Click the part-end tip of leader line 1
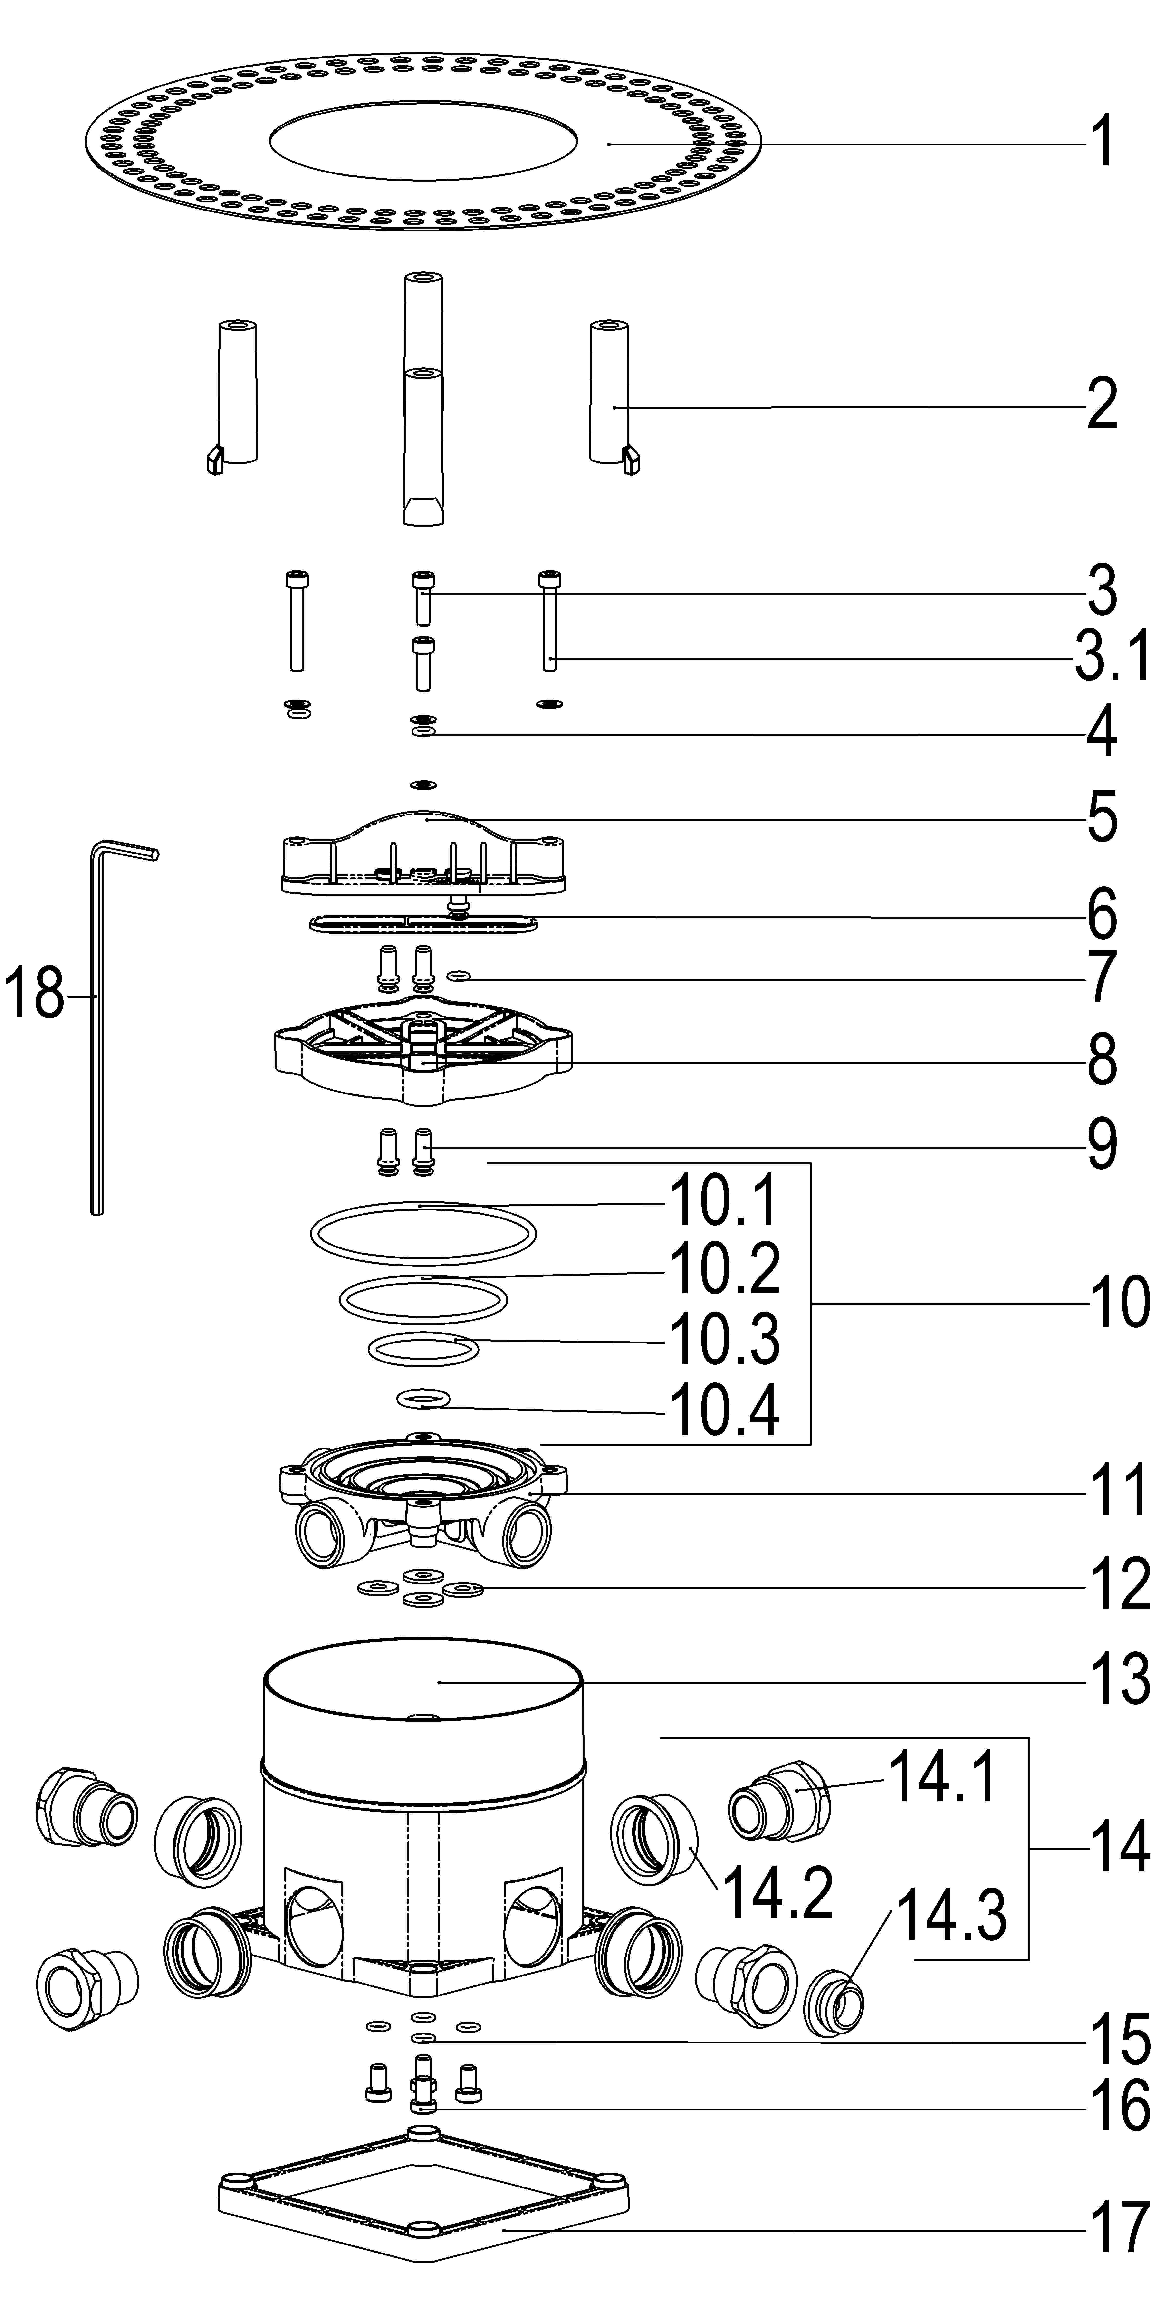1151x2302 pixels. tap(609, 143)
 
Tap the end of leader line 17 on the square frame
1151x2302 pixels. tap(504, 2231)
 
